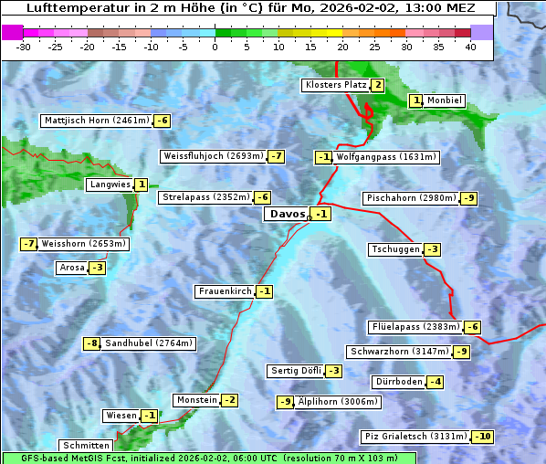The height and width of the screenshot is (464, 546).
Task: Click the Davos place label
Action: pos(287,214)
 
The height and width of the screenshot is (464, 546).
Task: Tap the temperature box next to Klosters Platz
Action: pos(377,85)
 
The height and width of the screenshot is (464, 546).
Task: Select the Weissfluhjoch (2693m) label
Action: pos(213,156)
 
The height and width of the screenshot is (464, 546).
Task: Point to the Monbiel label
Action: pos(445,100)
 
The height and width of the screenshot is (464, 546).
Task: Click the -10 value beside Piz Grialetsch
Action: pos(482,437)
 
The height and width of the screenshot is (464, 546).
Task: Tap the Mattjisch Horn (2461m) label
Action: pos(97,121)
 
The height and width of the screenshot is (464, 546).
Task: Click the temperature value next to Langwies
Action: pos(142,185)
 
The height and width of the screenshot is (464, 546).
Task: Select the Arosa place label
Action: pos(71,268)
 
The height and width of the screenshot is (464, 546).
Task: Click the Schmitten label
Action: pos(86,446)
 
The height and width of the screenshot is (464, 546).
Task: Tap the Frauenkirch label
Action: pos(225,291)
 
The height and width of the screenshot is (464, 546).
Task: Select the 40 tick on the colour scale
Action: pos(470,47)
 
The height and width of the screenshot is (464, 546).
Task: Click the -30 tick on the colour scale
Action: pos(25,47)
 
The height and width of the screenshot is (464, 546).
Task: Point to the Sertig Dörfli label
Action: pos(296,371)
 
